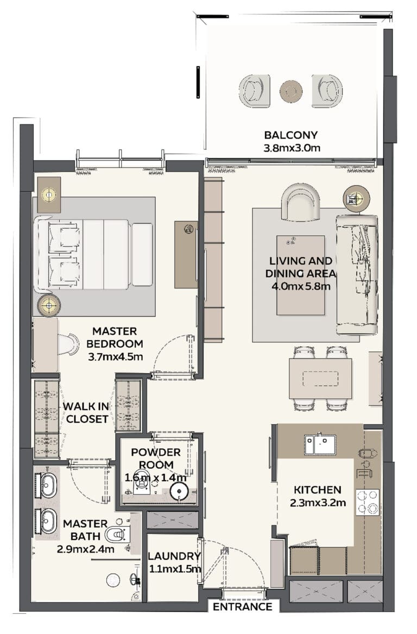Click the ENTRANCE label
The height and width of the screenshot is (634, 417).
click(x=243, y=606)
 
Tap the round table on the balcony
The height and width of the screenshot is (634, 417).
click(x=291, y=91)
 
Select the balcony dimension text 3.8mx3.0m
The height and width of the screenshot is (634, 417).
click(x=292, y=148)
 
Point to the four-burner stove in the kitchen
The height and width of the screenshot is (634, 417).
click(x=368, y=502)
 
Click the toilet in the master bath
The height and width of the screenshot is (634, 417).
click(x=118, y=535)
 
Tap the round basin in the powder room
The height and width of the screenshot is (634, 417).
click(x=179, y=492)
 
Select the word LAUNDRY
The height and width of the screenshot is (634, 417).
click(x=174, y=556)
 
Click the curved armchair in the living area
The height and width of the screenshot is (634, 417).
click(x=300, y=202)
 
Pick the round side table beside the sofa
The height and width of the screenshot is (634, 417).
click(x=356, y=198)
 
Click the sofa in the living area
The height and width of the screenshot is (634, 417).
click(x=357, y=274)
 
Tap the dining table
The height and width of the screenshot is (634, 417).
click(x=320, y=379)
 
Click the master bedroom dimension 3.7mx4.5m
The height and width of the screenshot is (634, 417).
click(x=116, y=357)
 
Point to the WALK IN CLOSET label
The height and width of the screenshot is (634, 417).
click(x=86, y=412)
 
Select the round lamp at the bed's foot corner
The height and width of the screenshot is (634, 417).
click(x=49, y=304)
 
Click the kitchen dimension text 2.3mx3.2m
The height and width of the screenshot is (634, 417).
click(x=318, y=503)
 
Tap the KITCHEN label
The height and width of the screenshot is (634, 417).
click(x=317, y=490)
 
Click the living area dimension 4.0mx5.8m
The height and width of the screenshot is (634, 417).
click(x=301, y=286)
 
